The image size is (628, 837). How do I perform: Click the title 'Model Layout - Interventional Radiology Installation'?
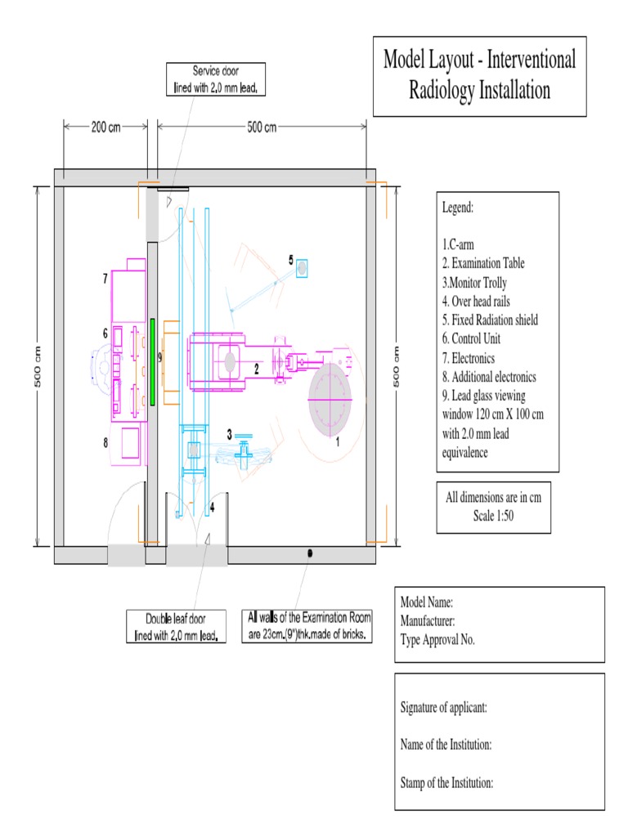[480, 75]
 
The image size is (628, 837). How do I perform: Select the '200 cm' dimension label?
[106, 127]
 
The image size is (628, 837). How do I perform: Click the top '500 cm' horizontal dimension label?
[262, 127]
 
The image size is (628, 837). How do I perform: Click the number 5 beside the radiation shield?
[290, 260]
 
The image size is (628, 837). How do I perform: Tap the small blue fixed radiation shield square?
[302, 267]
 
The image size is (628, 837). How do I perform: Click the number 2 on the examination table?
[257, 369]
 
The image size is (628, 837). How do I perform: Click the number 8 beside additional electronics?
[105, 443]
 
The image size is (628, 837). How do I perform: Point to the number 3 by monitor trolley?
[230, 434]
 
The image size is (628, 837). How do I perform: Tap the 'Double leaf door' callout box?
[176, 627]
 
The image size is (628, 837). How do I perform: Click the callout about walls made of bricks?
[309, 625]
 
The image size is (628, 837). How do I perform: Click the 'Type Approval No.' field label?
[437, 639]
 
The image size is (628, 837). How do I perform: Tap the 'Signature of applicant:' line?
[444, 707]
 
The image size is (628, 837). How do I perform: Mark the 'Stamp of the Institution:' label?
[446, 782]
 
